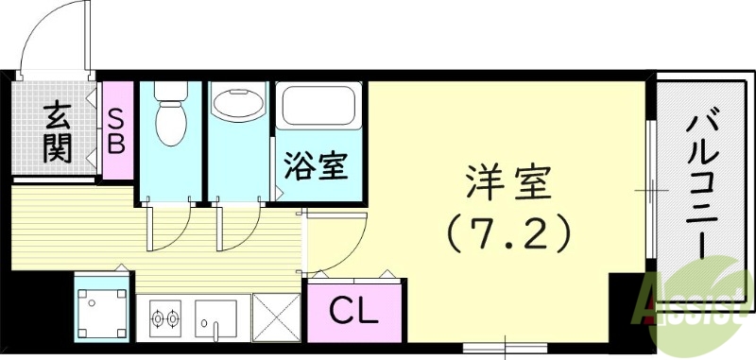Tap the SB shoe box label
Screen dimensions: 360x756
point(119,132)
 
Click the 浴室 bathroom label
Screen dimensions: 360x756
point(318,167)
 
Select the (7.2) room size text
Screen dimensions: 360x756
point(508,231)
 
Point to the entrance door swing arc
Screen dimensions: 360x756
point(52,38)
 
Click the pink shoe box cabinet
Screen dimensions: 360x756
point(119,132)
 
